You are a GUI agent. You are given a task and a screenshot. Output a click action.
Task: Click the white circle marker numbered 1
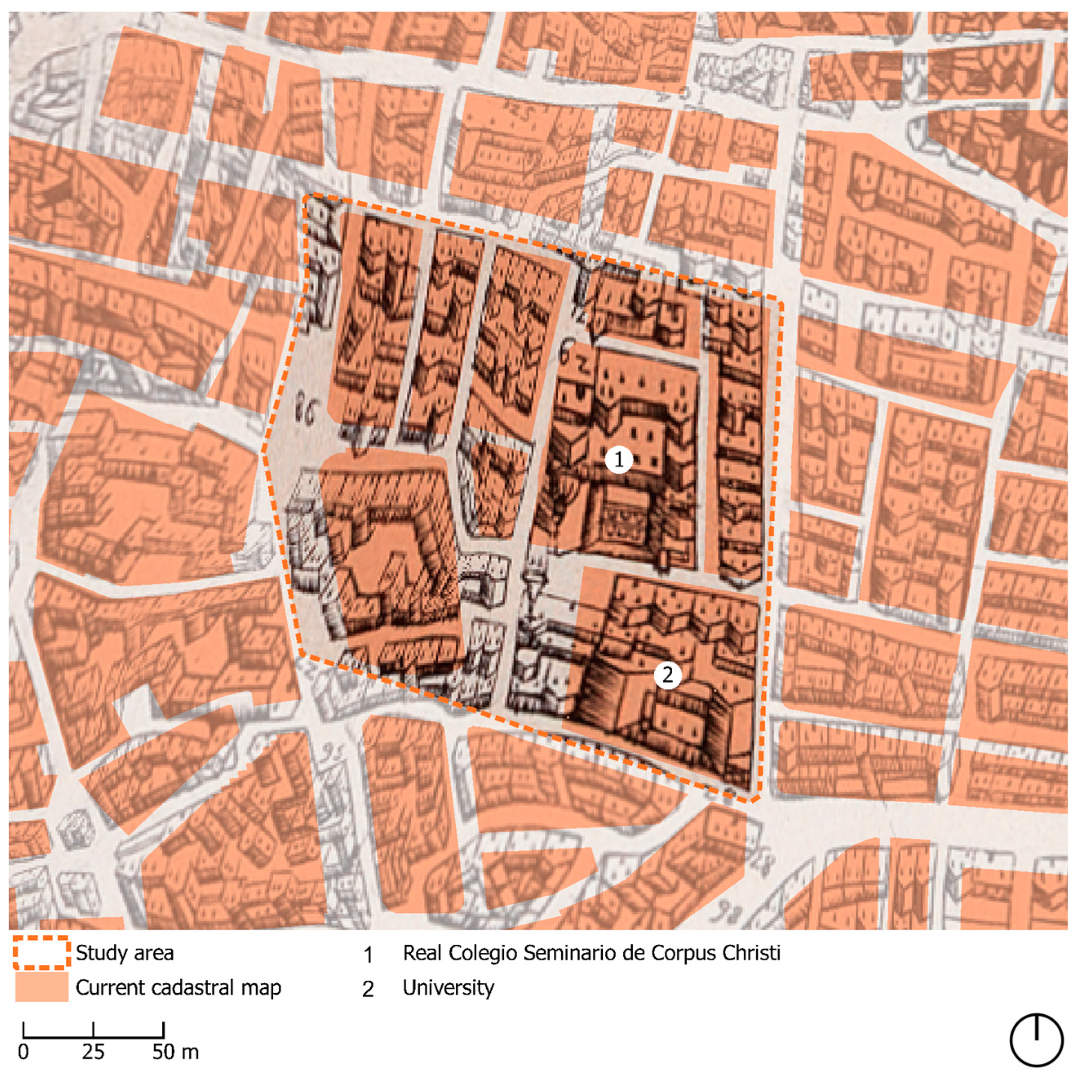[x=618, y=459]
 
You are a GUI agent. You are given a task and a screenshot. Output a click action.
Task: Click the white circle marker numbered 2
[x=668, y=675]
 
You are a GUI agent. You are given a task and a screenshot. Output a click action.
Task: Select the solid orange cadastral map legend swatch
[x=41, y=987]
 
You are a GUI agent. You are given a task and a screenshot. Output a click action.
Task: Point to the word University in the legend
[x=449, y=987]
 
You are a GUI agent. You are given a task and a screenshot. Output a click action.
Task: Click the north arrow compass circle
[x=1036, y=1040]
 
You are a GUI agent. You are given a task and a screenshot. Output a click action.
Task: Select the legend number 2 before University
[x=368, y=988]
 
